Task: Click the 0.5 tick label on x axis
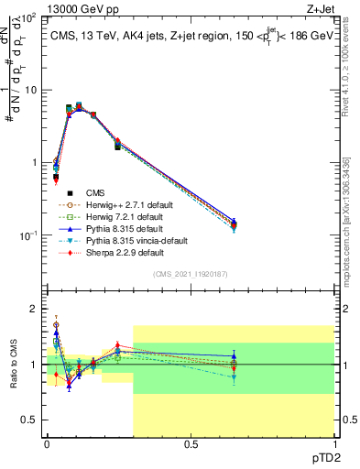(x=191, y=448)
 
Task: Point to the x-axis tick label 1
(x=333, y=448)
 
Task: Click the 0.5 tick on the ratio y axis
(x=30, y=420)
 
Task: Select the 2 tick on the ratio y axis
(x=34, y=309)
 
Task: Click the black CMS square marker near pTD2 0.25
(x=117, y=147)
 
